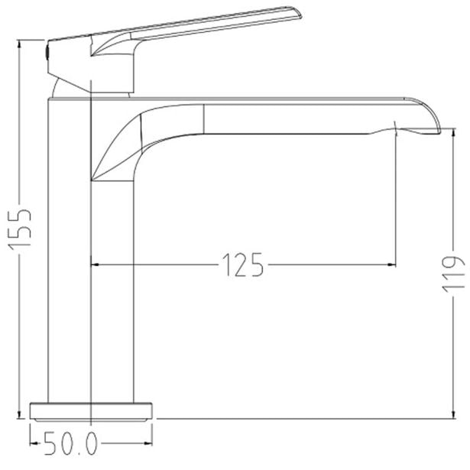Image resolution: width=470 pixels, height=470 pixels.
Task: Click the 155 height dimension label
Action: (20, 229)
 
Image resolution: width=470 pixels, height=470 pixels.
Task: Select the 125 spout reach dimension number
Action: (243, 265)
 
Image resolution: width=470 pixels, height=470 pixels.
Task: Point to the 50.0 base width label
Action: (71, 443)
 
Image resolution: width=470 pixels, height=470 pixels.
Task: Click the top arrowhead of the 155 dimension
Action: (19, 44)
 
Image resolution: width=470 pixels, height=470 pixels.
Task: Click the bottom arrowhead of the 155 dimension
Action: (19, 414)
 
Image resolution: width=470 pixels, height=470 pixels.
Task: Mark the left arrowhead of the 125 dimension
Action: (95, 264)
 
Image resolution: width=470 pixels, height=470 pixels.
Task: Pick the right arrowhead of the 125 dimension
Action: (391, 264)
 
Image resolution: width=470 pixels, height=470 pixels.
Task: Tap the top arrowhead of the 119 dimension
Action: (453, 133)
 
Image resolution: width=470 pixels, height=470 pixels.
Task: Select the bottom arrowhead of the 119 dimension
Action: (453, 414)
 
